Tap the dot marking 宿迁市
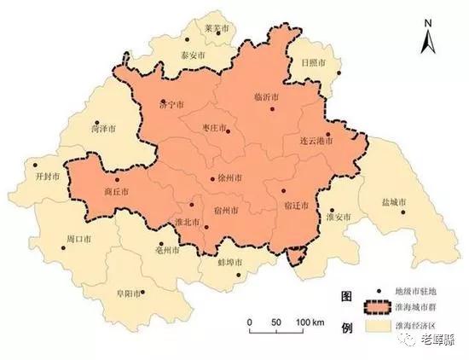[x=285, y=191]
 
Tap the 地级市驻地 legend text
[x=414, y=291]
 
